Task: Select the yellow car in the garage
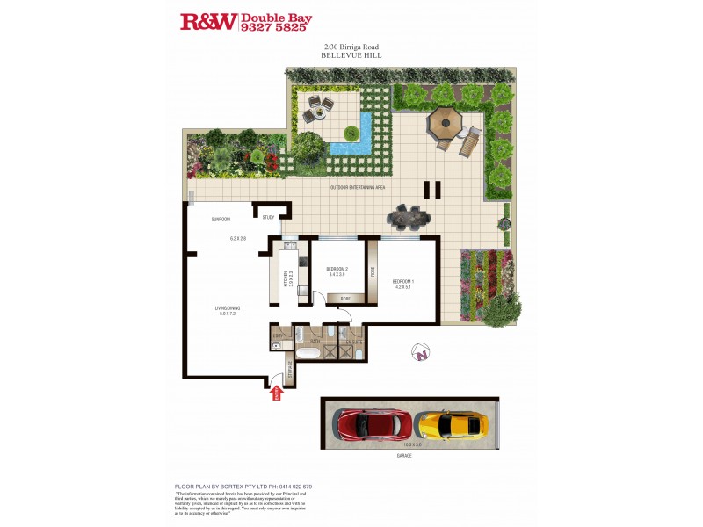(x=451, y=425)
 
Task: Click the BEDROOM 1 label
(x=403, y=282)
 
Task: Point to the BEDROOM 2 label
(x=337, y=269)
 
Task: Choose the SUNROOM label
(x=220, y=219)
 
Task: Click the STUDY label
(x=268, y=218)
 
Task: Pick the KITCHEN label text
(x=286, y=279)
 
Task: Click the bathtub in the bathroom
(x=308, y=353)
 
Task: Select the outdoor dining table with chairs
(x=409, y=214)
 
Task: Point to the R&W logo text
(x=208, y=22)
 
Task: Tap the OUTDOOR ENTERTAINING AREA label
(x=358, y=188)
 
